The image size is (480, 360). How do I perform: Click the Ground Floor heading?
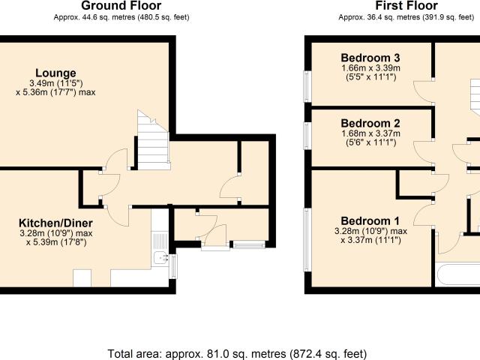point(121,5)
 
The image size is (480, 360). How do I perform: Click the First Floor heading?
point(406,5)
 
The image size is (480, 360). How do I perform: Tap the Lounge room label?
point(55,73)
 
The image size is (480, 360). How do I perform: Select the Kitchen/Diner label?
point(55,223)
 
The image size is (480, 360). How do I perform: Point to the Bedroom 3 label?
point(370,58)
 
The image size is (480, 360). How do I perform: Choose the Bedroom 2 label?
point(370,123)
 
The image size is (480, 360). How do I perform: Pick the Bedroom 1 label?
point(370,220)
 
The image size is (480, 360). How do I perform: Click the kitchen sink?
point(160,258)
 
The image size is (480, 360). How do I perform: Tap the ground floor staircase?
point(153,140)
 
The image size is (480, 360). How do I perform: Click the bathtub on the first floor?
point(458,276)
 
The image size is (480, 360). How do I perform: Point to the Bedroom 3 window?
point(307,87)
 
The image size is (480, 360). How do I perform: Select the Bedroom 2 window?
point(307,136)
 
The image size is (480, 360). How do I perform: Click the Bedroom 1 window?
point(307,240)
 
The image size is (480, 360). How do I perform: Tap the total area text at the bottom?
point(237,354)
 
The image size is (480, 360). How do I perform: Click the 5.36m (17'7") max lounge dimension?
point(55,92)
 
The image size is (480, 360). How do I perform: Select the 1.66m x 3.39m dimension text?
point(370,67)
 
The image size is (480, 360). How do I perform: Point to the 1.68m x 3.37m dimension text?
point(370,133)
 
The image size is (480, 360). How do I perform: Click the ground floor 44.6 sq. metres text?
point(121,17)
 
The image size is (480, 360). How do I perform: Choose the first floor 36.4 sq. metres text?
point(406,17)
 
